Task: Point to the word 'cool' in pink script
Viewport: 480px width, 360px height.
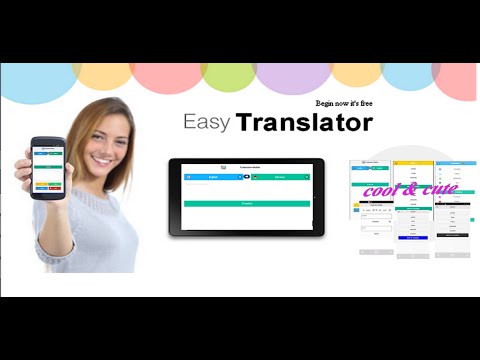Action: (x=382, y=190)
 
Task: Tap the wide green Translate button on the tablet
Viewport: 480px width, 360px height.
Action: (x=247, y=203)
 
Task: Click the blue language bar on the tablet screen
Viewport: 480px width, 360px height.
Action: (x=212, y=176)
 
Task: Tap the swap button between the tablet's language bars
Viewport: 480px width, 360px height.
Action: (x=246, y=176)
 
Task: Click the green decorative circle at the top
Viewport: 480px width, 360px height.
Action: (x=228, y=76)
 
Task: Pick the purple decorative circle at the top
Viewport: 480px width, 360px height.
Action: (x=293, y=78)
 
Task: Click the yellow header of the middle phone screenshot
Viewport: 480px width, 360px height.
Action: (x=412, y=163)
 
